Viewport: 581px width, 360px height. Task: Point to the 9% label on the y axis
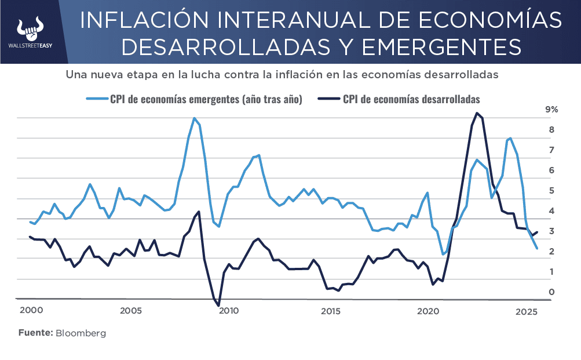551,110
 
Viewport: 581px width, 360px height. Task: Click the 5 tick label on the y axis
551,191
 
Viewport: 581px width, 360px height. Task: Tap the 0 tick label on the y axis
551,292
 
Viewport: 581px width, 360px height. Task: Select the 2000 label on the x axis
31,311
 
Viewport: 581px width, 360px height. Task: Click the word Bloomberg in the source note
81,333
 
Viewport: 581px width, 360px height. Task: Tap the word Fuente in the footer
35,333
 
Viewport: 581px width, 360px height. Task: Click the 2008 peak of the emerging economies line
194,118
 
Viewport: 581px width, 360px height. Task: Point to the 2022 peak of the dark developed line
477,113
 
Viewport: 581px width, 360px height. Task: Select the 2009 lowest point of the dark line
218,305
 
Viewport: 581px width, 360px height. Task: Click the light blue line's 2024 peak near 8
510,139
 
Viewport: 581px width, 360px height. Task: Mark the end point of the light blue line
537,249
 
